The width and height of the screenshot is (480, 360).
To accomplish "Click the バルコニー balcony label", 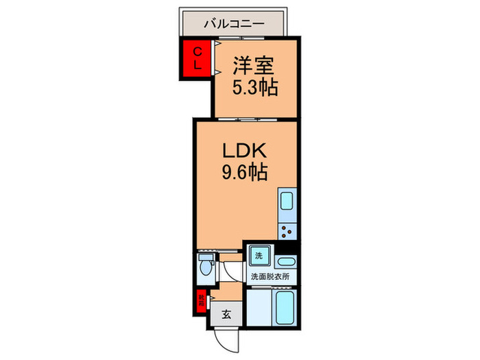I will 233,24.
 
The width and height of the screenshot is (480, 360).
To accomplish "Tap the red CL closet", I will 196,59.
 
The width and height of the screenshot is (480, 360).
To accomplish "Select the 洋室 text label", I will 254,67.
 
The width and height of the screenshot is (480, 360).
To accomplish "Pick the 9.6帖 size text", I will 244,172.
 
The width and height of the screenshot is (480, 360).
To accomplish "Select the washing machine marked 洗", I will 259,256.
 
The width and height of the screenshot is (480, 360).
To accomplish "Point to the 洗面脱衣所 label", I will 269,277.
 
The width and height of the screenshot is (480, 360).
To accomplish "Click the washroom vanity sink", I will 287,261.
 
